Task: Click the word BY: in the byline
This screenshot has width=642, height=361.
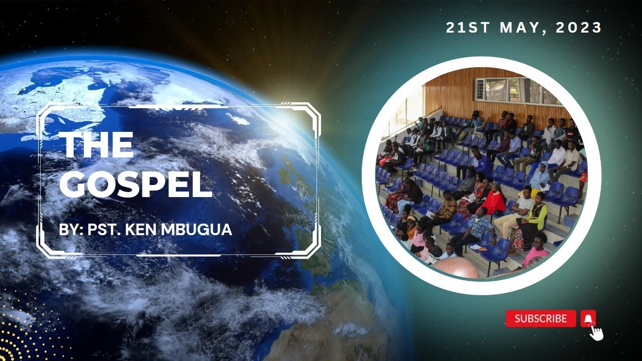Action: coord(71,230)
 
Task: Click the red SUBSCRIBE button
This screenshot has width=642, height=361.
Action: coord(540,318)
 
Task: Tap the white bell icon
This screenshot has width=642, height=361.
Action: coord(588,318)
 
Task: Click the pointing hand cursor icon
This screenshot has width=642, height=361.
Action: coord(596,332)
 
